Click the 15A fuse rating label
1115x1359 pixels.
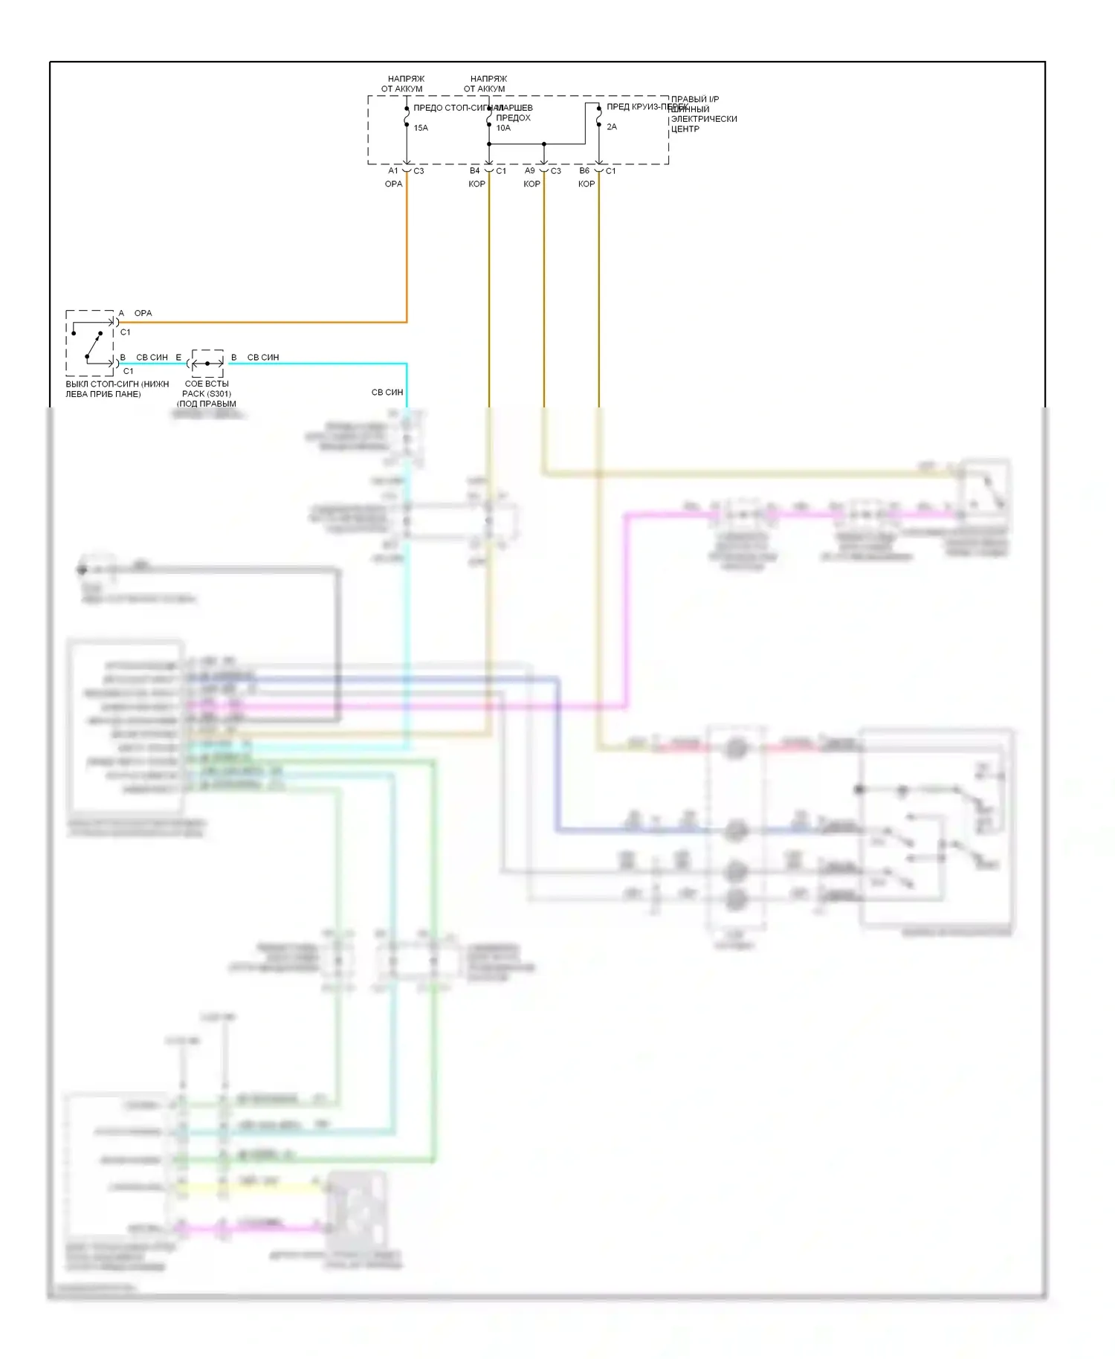pyautogui.click(x=421, y=128)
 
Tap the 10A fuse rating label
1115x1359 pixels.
pyautogui.click(x=503, y=128)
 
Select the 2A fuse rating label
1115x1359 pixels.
pyautogui.click(x=612, y=127)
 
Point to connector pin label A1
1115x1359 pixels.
pyautogui.click(x=393, y=171)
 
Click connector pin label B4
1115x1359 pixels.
pyautogui.click(x=475, y=171)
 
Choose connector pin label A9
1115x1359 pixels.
pyautogui.click(x=530, y=171)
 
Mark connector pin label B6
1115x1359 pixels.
pyautogui.click(x=585, y=171)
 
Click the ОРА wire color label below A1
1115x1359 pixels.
pyautogui.click(x=393, y=184)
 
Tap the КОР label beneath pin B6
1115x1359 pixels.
pyautogui.click(x=586, y=184)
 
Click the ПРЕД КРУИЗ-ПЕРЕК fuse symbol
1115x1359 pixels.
pyautogui.click(x=599, y=117)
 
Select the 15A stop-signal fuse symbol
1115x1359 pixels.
pyautogui.click(x=407, y=117)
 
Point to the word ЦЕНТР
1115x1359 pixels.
pyautogui.click(x=685, y=129)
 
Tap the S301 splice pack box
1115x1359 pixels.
pyautogui.click(x=207, y=363)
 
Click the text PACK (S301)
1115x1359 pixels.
pyautogui.click(x=207, y=394)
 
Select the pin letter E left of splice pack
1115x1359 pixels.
pyautogui.click(x=178, y=358)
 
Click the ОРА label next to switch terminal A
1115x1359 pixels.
pyautogui.click(x=143, y=314)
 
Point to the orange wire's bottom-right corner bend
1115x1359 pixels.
pyautogui.click(x=407, y=322)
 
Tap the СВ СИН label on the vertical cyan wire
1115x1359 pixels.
pyautogui.click(x=387, y=393)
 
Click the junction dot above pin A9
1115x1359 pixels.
pyautogui.click(x=544, y=144)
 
